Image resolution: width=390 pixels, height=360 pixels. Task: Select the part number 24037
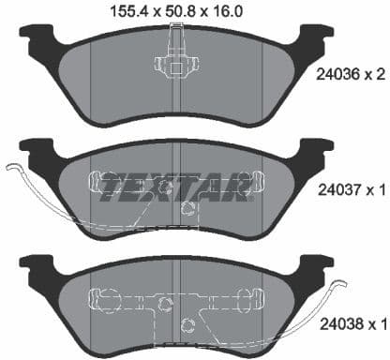337,191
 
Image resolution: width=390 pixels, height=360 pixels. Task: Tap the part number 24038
337,324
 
